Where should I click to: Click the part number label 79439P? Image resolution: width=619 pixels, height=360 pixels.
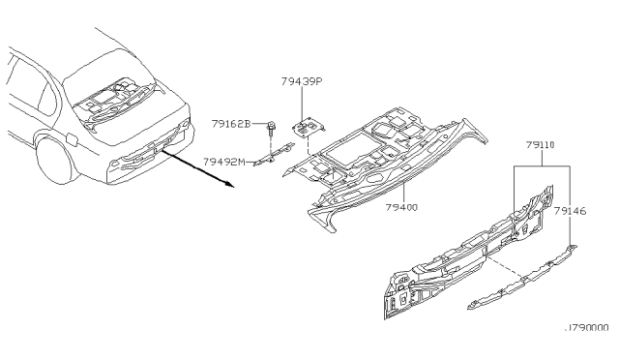tap(302, 81)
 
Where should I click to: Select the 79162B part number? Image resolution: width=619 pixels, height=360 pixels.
tap(231, 124)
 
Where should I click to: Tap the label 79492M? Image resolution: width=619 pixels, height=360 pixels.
tap(224, 162)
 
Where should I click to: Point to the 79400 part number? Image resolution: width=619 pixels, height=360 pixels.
tap(401, 207)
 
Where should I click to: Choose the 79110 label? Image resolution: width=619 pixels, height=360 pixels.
tap(540, 145)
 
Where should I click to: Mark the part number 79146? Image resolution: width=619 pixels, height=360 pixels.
tap(570, 211)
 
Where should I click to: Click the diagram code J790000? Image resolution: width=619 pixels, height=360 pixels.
tap(587, 328)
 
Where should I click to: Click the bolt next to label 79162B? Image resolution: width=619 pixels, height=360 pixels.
tap(271, 130)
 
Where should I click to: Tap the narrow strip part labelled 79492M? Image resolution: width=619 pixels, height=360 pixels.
tap(275, 154)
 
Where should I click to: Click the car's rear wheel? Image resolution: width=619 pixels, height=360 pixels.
tap(53, 160)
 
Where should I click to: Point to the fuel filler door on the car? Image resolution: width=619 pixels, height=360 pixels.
tap(74, 138)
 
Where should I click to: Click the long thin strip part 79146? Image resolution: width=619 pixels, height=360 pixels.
tap(522, 277)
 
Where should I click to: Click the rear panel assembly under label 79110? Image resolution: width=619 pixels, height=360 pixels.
tap(468, 253)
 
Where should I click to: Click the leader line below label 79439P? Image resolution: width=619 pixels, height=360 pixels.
tap(302, 105)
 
